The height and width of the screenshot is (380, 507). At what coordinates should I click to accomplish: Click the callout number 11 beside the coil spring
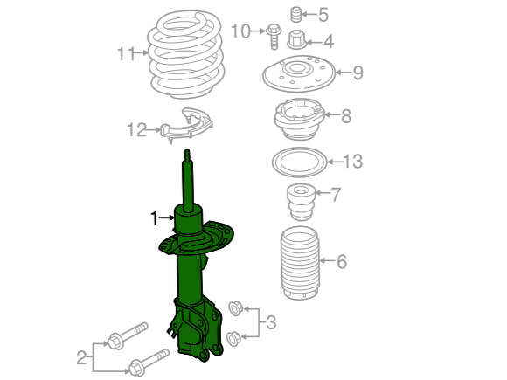click(x=126, y=53)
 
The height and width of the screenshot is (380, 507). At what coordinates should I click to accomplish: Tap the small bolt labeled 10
click(x=274, y=36)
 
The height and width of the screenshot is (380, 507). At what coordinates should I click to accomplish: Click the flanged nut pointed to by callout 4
click(x=296, y=40)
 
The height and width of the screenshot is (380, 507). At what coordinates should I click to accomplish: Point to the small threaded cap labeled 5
click(x=295, y=15)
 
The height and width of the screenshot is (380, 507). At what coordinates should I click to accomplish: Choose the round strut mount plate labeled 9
click(x=299, y=74)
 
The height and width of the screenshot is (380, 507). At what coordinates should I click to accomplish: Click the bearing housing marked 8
click(x=300, y=119)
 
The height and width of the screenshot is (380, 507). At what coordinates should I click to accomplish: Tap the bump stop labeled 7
click(x=301, y=203)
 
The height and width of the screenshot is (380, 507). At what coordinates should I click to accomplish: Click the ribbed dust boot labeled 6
click(x=300, y=263)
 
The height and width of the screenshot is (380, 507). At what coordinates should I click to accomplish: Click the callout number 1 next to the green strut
click(x=155, y=218)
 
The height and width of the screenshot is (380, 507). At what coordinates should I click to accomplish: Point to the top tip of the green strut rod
click(x=187, y=149)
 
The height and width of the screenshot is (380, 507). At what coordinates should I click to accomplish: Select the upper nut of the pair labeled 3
click(x=235, y=308)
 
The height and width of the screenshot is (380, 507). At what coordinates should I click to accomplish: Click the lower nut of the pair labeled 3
click(x=233, y=339)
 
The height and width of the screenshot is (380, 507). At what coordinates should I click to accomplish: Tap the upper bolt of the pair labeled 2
click(x=128, y=335)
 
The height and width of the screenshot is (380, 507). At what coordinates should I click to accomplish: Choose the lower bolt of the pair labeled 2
click(x=149, y=363)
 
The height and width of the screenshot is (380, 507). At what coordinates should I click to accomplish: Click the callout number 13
click(x=352, y=162)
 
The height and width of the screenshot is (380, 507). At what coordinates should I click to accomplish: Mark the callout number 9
click(x=358, y=73)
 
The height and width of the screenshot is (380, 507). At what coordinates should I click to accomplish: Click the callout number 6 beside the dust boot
click(x=342, y=261)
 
